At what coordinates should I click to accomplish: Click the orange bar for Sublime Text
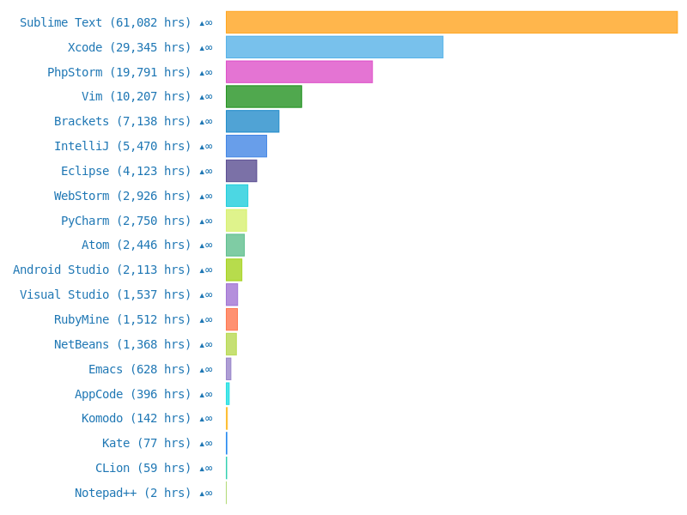tap(452, 22)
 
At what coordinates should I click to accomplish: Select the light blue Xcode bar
tap(334, 47)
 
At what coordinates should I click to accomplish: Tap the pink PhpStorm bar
tap(299, 72)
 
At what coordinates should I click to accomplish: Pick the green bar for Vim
tap(264, 96)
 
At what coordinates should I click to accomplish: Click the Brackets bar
tap(252, 121)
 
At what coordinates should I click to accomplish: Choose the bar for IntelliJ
tap(246, 146)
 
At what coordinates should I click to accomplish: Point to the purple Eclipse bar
tap(241, 171)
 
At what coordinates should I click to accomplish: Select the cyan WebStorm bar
tap(237, 196)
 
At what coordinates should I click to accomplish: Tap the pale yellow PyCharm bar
tap(236, 221)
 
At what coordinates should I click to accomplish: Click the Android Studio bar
tap(234, 270)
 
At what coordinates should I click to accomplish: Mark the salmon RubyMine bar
tap(232, 319)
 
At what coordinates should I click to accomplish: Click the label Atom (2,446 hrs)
tap(137, 245)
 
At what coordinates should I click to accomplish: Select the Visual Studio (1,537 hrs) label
tap(106, 294)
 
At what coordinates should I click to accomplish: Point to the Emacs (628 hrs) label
tap(140, 369)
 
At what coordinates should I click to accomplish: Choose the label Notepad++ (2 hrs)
tap(133, 493)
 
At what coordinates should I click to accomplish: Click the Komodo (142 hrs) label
tap(137, 418)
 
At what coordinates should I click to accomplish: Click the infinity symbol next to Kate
tap(207, 443)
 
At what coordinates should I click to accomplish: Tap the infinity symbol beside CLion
tap(207, 468)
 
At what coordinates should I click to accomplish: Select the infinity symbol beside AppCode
tap(207, 394)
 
